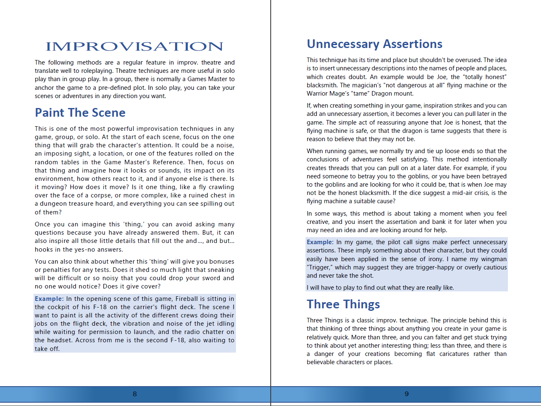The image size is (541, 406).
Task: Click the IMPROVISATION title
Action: pyautogui.click(x=135, y=46)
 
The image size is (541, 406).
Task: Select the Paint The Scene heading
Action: pyautogui.click(x=80, y=113)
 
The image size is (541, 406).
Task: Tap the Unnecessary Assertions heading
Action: pyautogui.click(x=375, y=44)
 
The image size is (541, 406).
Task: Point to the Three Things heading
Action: pyautogui.click(x=343, y=304)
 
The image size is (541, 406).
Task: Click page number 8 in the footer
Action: pyautogui.click(x=135, y=394)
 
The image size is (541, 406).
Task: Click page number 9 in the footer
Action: pyautogui.click(x=406, y=394)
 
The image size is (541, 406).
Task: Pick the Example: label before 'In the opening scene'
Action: pyautogui.click(x=49, y=299)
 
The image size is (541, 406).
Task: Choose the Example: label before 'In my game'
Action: pyautogui.click(x=320, y=242)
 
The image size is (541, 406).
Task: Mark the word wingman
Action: pyautogui.click(x=494, y=259)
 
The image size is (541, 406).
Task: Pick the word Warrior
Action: pyautogui.click(x=317, y=94)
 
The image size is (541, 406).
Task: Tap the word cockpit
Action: pyautogui.click(x=60, y=307)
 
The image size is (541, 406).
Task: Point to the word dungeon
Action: pyautogui.click(x=53, y=204)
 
